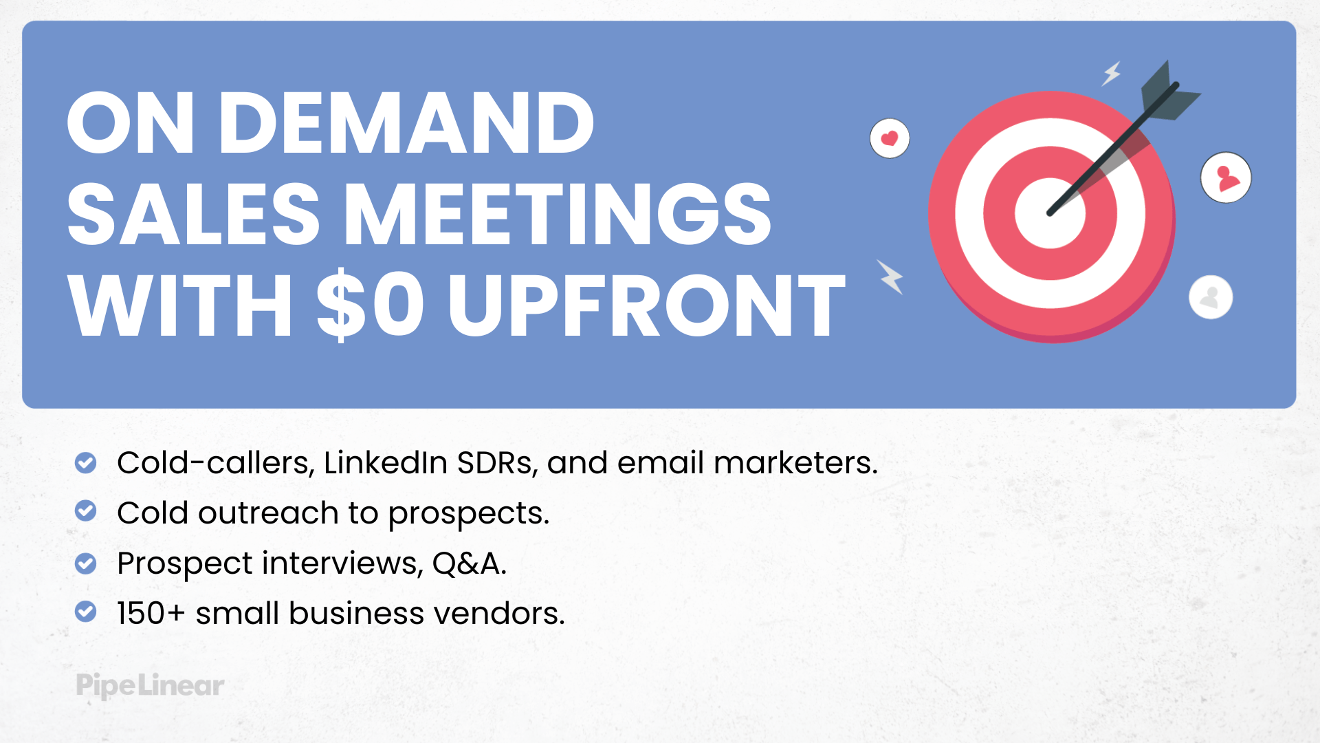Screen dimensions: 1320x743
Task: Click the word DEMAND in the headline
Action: pos(406,123)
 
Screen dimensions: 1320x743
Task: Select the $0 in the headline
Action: pos(370,305)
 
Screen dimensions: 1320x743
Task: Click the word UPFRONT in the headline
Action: pos(646,305)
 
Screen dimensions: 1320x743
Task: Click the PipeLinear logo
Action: pos(150,685)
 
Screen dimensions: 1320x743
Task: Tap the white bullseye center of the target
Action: pos(1050,213)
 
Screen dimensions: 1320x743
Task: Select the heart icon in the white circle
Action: pos(890,138)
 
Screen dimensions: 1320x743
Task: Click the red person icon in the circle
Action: pos(1226,177)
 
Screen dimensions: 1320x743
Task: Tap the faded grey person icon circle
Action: pos(1211,297)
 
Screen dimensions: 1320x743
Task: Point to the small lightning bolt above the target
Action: pos(1112,73)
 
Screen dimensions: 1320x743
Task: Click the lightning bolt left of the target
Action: pos(890,277)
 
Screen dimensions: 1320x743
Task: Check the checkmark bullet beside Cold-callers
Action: pos(85,463)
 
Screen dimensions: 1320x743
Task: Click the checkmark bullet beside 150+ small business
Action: pos(85,612)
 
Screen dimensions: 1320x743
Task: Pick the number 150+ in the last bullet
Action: pos(151,613)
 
